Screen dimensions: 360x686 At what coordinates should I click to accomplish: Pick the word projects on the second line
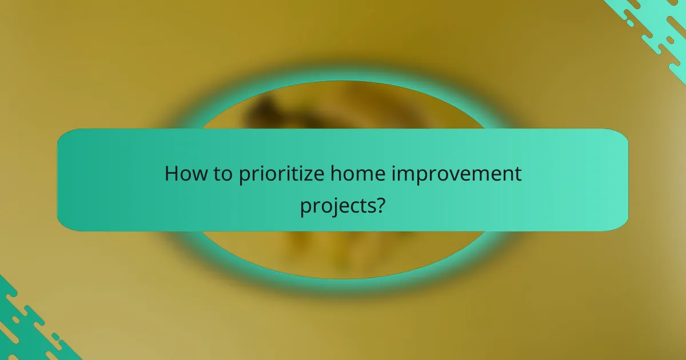[336, 205]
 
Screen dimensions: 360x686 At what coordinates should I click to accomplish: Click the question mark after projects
[378, 204]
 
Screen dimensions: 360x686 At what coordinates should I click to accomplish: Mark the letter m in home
[351, 174]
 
